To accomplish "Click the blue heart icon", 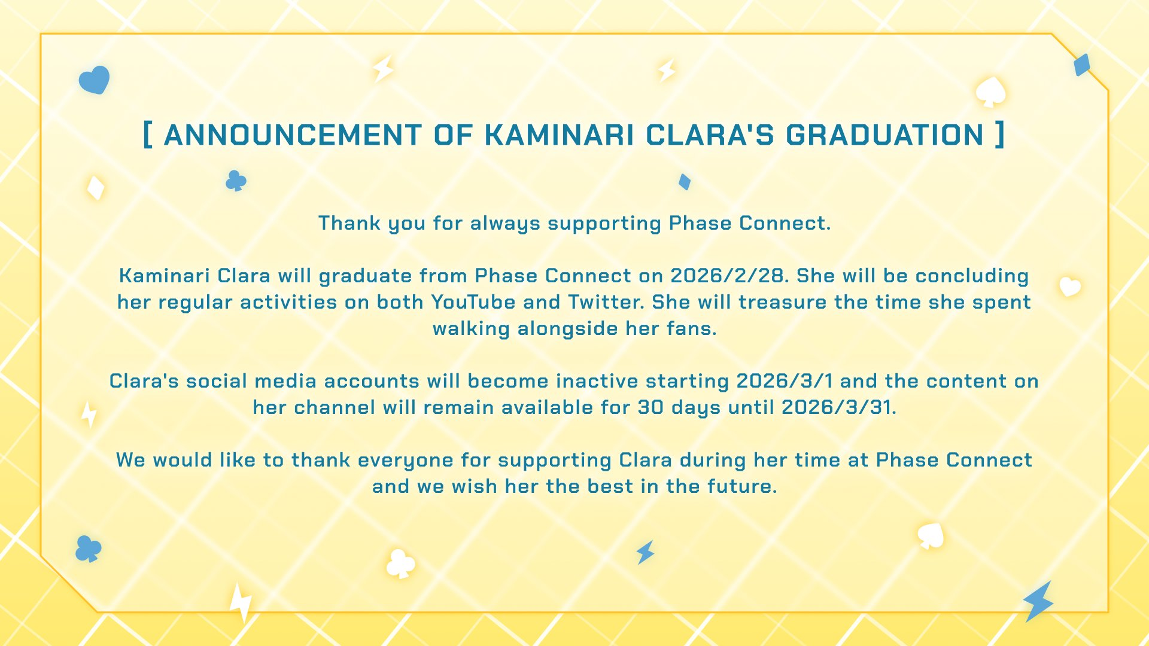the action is click(x=95, y=80).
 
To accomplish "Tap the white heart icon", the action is click(x=1070, y=287).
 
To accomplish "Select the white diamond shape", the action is click(x=96, y=188).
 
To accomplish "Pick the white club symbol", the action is click(x=400, y=563).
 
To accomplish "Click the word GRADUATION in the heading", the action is click(x=884, y=135).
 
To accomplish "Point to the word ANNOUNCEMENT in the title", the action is click(x=293, y=135).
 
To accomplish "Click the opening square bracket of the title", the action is click(x=147, y=135).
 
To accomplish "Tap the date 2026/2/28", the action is click(x=727, y=276).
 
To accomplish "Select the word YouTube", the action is click(x=473, y=302).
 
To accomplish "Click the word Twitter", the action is click(x=606, y=302).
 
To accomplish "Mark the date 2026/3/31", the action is click(x=837, y=407).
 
